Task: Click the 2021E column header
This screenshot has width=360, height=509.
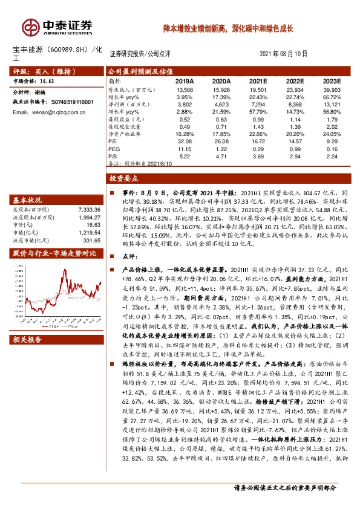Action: pos(258,80)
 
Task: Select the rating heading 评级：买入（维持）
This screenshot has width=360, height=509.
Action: pos(38,71)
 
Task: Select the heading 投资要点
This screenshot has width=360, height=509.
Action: pos(123,179)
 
